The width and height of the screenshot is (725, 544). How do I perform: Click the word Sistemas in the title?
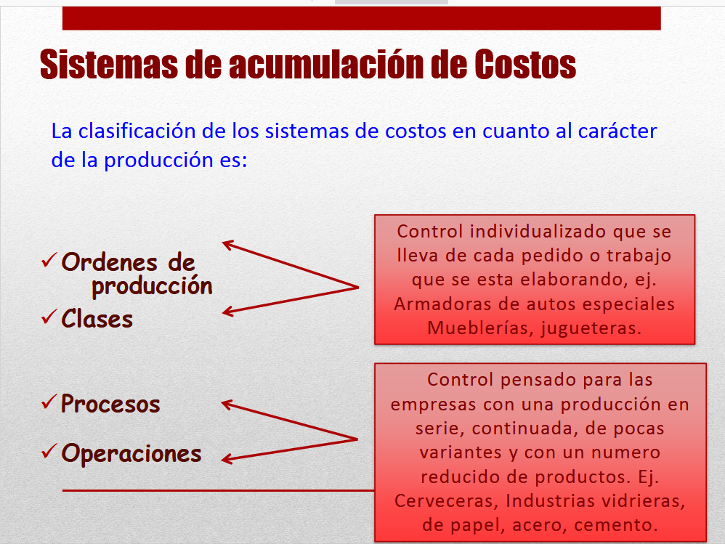(108, 65)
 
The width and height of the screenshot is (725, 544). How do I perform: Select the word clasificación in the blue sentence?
(145, 131)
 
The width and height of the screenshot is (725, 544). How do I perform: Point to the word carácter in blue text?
(617, 131)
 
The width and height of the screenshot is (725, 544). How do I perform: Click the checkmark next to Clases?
(49, 317)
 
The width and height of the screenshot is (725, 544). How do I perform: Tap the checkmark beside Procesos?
(49, 402)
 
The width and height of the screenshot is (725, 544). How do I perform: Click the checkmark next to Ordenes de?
(49, 259)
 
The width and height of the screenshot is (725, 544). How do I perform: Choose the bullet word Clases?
(97, 318)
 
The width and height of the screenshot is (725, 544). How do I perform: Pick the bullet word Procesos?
(110, 403)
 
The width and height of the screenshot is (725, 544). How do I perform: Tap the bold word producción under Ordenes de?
(152, 285)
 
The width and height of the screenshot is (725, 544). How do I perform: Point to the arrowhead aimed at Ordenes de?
(227, 245)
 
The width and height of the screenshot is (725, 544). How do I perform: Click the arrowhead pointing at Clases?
(227, 312)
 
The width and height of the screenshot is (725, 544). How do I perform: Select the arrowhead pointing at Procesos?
(227, 403)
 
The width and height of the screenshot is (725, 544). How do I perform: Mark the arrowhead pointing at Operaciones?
(227, 458)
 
